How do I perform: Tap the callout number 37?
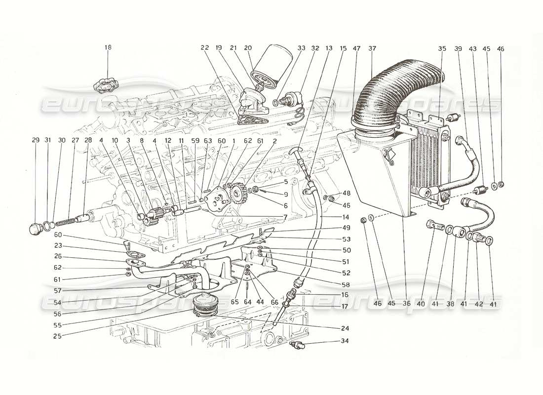click(x=372, y=48)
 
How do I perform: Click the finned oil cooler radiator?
click(x=425, y=158)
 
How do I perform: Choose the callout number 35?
click(x=442, y=48)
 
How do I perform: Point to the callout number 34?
click(x=344, y=341)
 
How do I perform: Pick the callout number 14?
click(x=345, y=217)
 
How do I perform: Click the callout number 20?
click(x=248, y=48)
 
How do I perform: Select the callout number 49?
click(x=345, y=228)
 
